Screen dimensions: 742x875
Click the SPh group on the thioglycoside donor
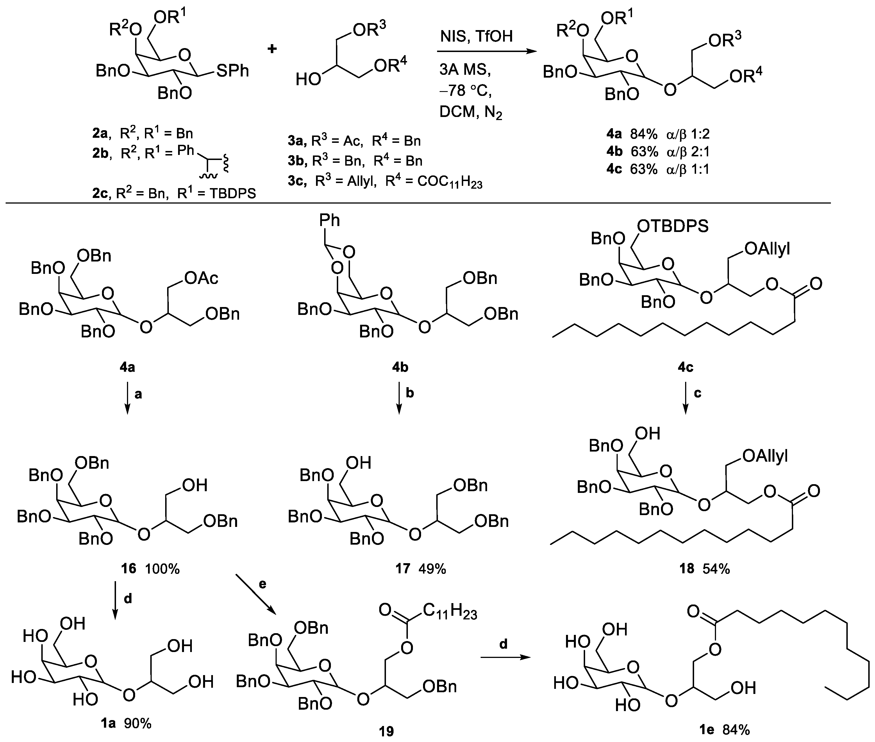click(232, 71)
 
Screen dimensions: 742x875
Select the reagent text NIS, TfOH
click(476, 36)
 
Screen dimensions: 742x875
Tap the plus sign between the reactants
click(272, 49)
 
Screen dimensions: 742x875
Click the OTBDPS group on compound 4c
click(672, 226)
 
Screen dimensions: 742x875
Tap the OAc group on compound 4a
click(201, 278)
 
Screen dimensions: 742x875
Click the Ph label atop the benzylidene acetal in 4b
click(329, 220)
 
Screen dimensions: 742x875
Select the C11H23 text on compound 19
click(450, 612)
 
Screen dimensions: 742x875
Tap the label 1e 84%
click(721, 730)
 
